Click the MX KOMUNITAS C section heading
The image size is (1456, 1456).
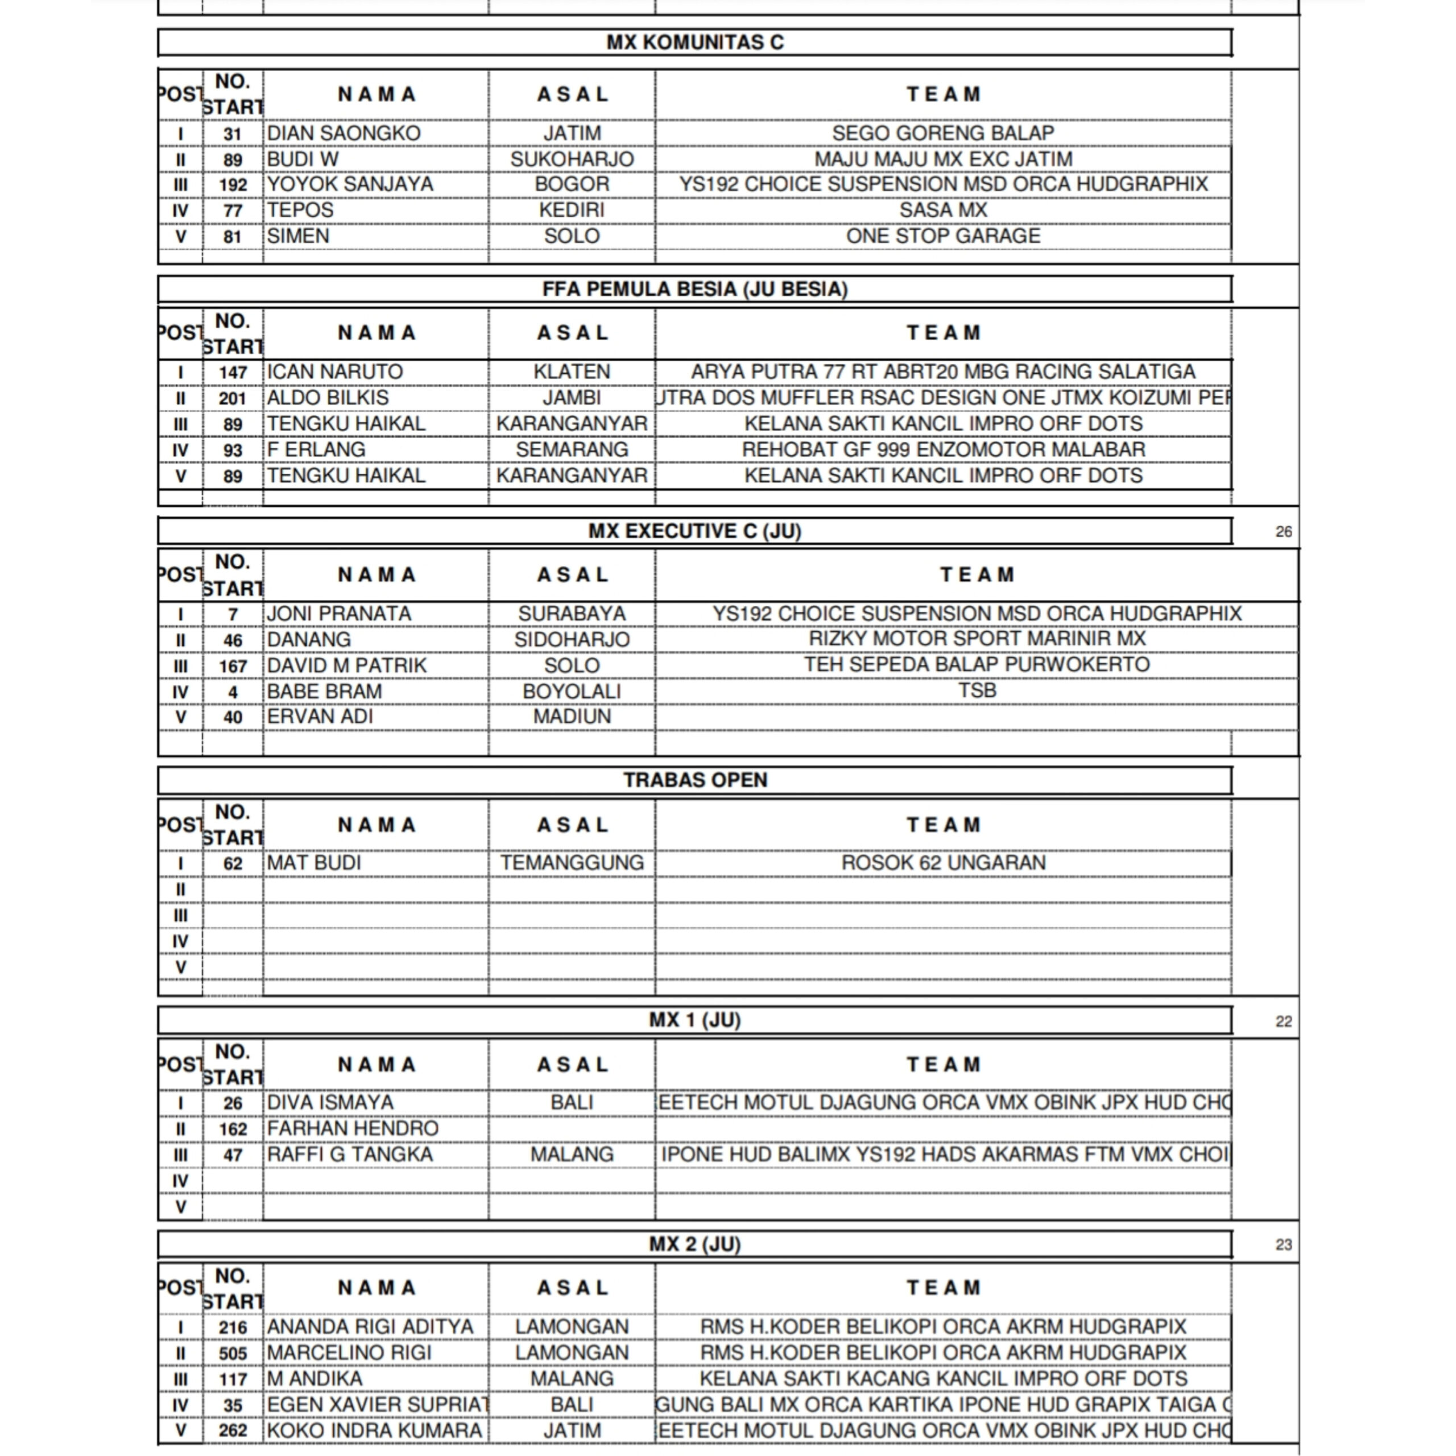(x=695, y=42)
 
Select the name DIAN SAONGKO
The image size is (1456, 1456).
(x=344, y=134)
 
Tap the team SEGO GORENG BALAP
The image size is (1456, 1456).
(x=943, y=134)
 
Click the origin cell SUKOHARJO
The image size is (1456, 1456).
(x=572, y=159)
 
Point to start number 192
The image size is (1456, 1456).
(x=233, y=185)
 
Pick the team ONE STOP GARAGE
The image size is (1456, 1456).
(x=943, y=236)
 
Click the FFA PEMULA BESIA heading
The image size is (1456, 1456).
(x=695, y=289)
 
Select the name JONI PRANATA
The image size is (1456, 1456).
(x=339, y=614)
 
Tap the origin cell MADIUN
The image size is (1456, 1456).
(x=572, y=716)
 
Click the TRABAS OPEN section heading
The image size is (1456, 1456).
(x=695, y=780)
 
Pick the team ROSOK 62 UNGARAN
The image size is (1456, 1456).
(x=943, y=862)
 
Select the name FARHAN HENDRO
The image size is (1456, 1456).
(x=353, y=1128)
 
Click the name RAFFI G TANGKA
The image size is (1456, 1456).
(x=350, y=1154)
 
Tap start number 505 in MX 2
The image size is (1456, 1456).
(x=233, y=1354)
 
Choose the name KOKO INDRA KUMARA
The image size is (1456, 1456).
(x=375, y=1430)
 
